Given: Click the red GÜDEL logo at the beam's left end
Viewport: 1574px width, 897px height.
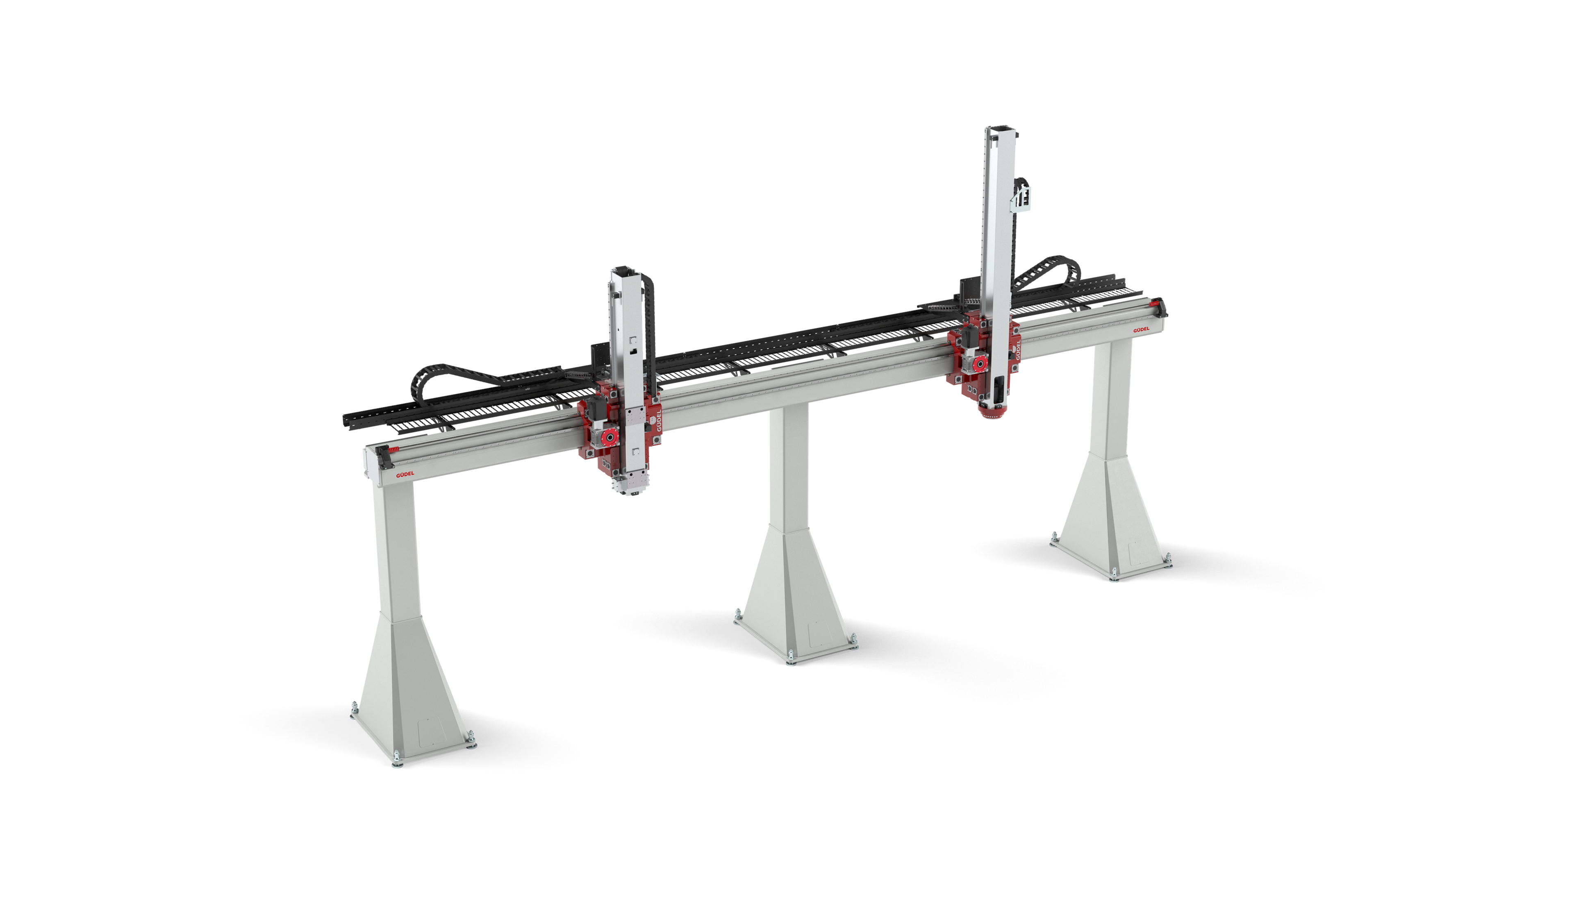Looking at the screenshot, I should [x=405, y=474].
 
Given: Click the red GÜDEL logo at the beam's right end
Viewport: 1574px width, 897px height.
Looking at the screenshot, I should [x=1141, y=330].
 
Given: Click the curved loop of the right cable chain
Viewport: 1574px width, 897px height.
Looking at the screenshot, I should [x=1069, y=271].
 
